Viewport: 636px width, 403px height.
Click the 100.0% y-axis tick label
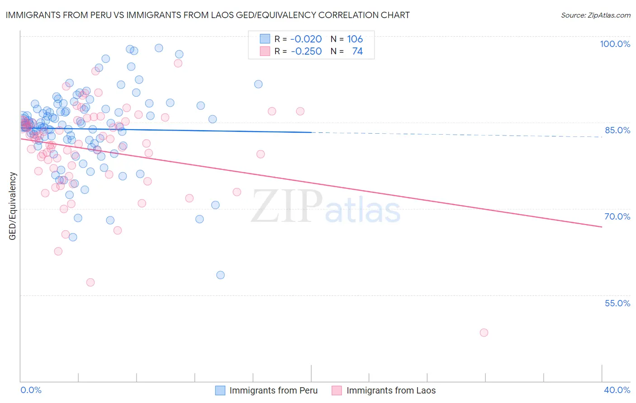coord(615,44)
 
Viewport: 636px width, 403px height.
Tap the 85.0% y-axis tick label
coord(617,130)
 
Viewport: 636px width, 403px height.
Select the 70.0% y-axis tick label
coord(617,216)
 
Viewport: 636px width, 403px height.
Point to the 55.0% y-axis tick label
coord(617,303)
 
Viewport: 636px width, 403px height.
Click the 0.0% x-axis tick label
coord(31,390)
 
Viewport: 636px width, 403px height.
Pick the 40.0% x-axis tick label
coord(617,390)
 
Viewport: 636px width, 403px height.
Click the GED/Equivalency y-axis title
coord(13,206)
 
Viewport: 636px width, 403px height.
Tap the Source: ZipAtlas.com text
coord(595,15)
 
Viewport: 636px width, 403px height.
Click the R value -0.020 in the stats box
coord(306,39)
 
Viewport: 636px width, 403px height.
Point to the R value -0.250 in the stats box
coord(306,51)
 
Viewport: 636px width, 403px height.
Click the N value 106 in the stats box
coord(355,39)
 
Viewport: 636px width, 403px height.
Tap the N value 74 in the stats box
coord(357,51)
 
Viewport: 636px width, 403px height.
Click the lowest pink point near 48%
coord(484,333)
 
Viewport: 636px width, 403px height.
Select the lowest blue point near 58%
coord(220,275)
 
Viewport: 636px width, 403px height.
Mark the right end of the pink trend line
coord(602,227)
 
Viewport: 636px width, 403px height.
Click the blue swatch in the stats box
coord(265,39)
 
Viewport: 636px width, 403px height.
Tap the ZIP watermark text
coord(287,206)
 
